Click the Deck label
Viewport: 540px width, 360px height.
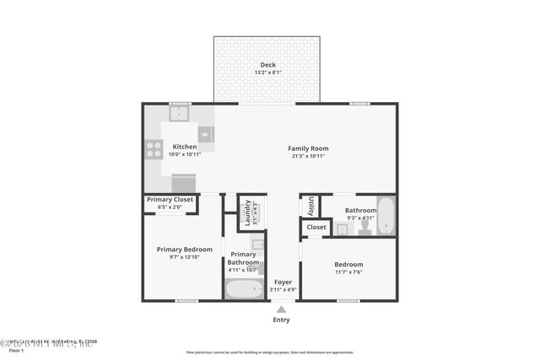coord(267,65)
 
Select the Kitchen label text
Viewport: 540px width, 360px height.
coord(184,147)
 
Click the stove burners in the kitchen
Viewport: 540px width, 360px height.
coord(154,149)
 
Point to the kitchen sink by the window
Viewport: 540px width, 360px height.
coord(179,112)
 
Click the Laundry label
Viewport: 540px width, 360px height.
coord(247,212)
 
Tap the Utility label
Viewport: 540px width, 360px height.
coord(310,205)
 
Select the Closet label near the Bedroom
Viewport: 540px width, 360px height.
coord(316,227)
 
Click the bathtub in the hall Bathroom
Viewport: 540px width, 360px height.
coord(385,216)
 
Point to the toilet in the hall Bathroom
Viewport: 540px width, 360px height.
coord(364,225)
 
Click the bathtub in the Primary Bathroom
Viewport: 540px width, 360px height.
coord(245,289)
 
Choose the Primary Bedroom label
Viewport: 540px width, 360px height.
coord(184,250)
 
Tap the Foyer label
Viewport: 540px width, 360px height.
coord(281,282)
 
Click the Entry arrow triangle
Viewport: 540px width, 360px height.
coord(281,309)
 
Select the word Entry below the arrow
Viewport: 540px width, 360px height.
coord(281,320)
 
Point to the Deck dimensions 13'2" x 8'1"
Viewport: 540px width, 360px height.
coord(267,73)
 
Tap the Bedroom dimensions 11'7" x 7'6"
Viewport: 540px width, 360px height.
coord(348,271)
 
